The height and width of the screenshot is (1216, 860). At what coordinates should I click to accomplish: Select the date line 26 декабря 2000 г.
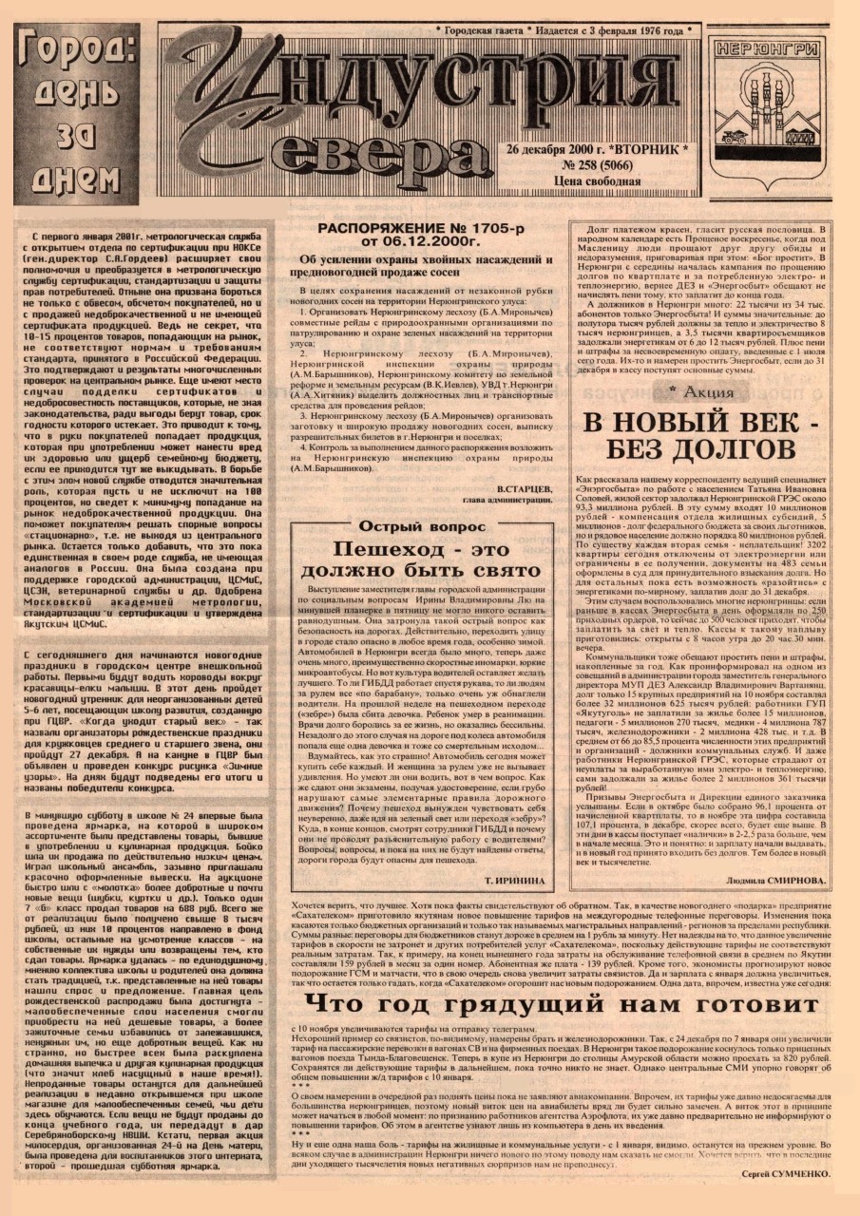point(560,150)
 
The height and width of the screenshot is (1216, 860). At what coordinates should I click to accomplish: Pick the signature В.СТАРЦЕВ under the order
point(524,487)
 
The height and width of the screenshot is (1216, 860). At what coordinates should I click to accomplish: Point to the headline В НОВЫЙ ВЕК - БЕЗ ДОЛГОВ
point(699,434)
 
